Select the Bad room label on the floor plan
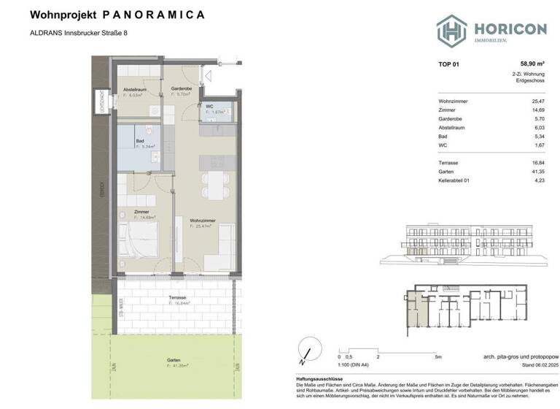point(140,141)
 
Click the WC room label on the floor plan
point(209,107)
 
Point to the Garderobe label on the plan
point(181,88)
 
